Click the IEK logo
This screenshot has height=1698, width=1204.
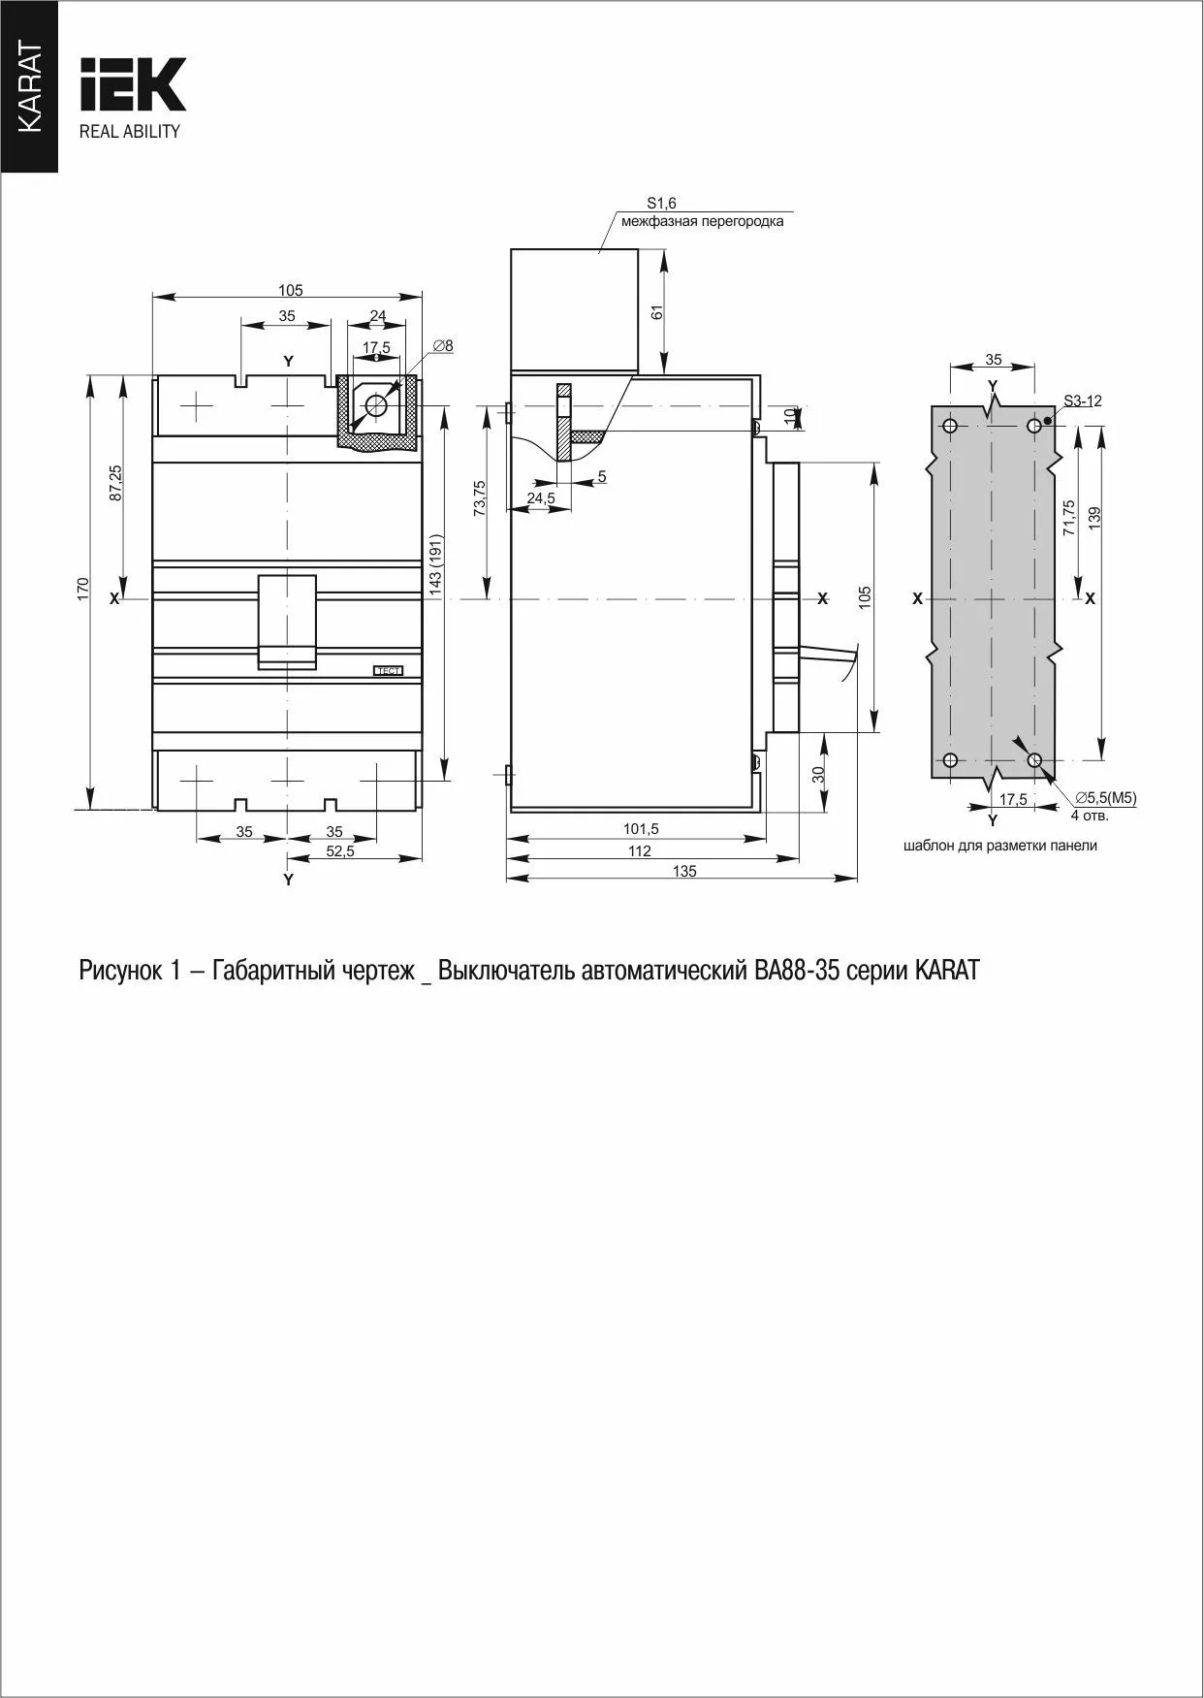[133, 84]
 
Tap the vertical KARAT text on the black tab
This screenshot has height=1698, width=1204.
[29, 88]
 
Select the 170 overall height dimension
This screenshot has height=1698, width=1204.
[83, 589]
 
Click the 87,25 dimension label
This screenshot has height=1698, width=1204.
[115, 482]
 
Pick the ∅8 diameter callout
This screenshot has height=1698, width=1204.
[443, 345]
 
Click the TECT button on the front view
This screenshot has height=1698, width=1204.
[388, 670]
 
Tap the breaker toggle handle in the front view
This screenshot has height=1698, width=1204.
[287, 621]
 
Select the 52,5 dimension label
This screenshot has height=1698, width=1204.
[340, 850]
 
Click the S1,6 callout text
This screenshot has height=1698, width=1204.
[662, 203]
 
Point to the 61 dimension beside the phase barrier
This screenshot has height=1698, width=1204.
[656, 312]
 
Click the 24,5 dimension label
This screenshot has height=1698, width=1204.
[541, 497]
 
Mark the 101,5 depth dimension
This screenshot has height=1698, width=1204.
[641, 829]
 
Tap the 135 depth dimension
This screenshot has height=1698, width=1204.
[684, 871]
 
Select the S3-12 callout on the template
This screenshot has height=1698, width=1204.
[1082, 400]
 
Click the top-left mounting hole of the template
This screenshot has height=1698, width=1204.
[950, 426]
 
